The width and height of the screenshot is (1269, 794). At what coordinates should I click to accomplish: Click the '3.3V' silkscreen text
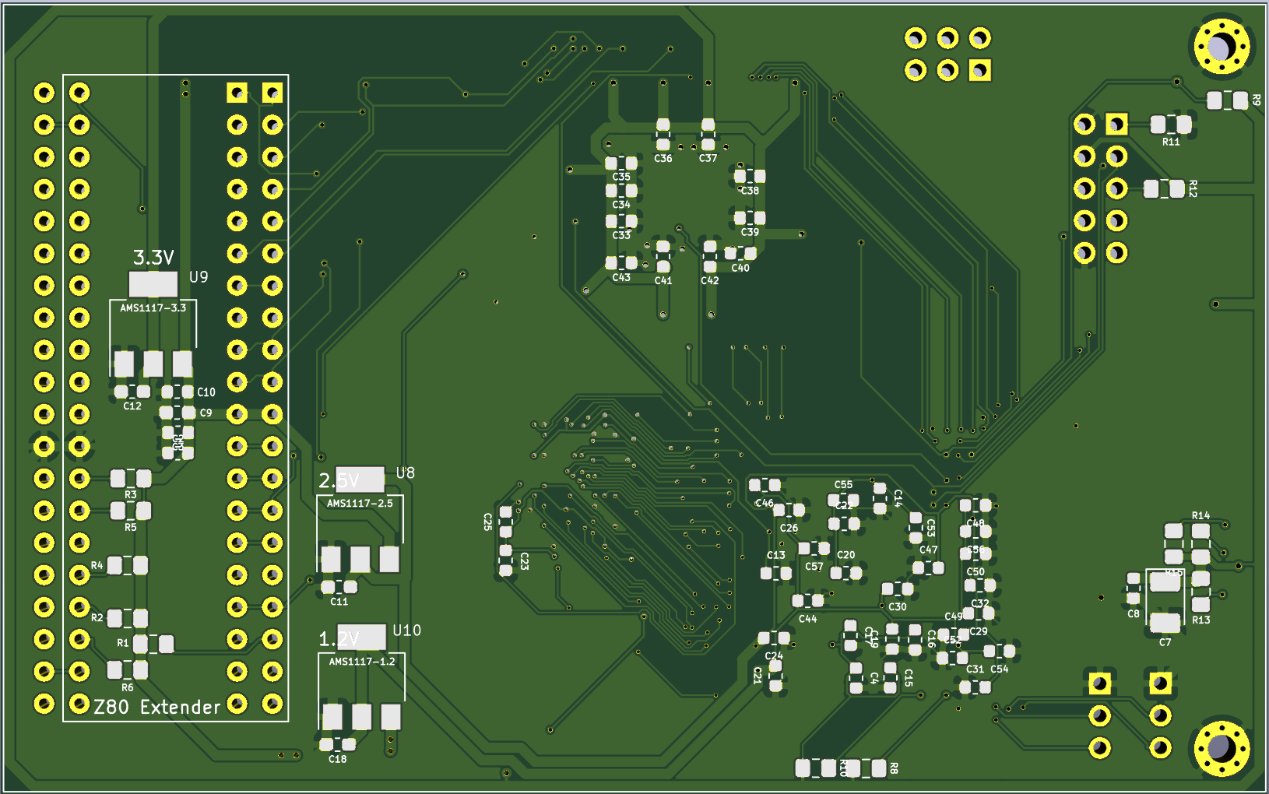(153, 258)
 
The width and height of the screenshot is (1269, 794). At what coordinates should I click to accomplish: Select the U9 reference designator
(199, 277)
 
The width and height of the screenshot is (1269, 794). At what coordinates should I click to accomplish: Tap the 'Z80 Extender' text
(157, 707)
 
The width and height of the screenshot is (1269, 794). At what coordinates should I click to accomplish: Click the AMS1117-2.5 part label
(360, 504)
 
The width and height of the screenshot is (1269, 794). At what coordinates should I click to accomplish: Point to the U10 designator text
(406, 631)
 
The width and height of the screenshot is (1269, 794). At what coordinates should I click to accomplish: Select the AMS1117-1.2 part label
(362, 662)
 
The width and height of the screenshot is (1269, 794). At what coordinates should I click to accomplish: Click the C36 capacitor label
(663, 158)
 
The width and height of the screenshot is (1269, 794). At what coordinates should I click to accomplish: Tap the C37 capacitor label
(708, 158)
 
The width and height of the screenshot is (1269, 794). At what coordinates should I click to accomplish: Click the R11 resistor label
(1171, 142)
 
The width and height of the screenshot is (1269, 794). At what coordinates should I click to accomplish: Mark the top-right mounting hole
(1220, 47)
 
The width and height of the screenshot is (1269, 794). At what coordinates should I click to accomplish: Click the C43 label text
(620, 277)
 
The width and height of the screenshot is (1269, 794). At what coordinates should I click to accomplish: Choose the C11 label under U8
(339, 602)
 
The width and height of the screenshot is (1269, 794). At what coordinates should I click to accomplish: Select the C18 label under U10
(337, 759)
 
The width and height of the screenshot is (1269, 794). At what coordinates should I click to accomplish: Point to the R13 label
(1200, 620)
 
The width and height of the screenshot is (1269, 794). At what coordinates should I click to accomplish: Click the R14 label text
(1200, 515)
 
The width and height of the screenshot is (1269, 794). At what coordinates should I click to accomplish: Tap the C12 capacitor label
(132, 406)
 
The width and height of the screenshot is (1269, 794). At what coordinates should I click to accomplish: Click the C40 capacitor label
(740, 268)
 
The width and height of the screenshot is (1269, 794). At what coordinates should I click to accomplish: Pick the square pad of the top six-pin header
(979, 71)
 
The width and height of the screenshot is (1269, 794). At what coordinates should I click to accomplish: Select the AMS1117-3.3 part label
(153, 308)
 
